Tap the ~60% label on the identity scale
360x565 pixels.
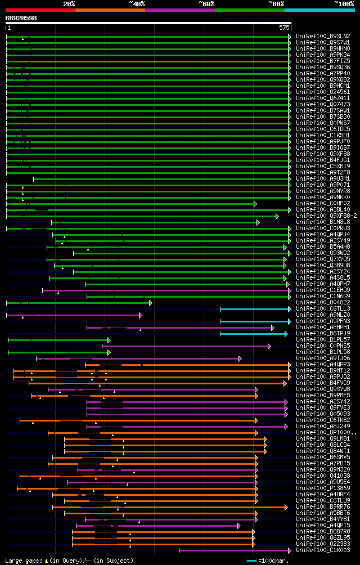(x=206, y=4)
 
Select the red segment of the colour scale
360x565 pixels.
(x=40, y=10)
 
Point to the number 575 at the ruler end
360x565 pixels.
(x=284, y=27)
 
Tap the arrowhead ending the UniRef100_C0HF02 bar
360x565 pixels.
(x=255, y=204)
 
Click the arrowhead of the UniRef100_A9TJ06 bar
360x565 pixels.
(x=240, y=358)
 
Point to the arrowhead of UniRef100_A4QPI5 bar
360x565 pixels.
(x=240, y=526)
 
